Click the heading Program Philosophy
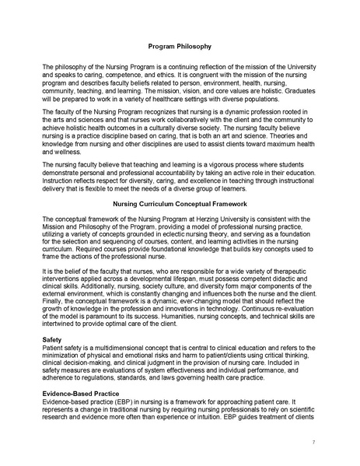pyautogui.click(x=180, y=47)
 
